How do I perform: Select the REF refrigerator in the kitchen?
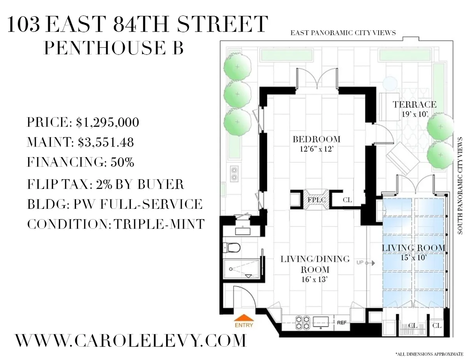[x=341, y=322]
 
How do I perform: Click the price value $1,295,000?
[x=107, y=122]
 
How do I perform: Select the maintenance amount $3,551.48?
[x=105, y=142]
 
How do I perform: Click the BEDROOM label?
[x=316, y=139]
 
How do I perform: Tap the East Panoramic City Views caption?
[x=343, y=33]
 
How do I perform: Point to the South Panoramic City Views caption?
[x=460, y=185]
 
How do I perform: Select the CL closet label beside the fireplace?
[x=347, y=200]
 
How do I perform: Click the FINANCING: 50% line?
[x=81, y=163]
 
